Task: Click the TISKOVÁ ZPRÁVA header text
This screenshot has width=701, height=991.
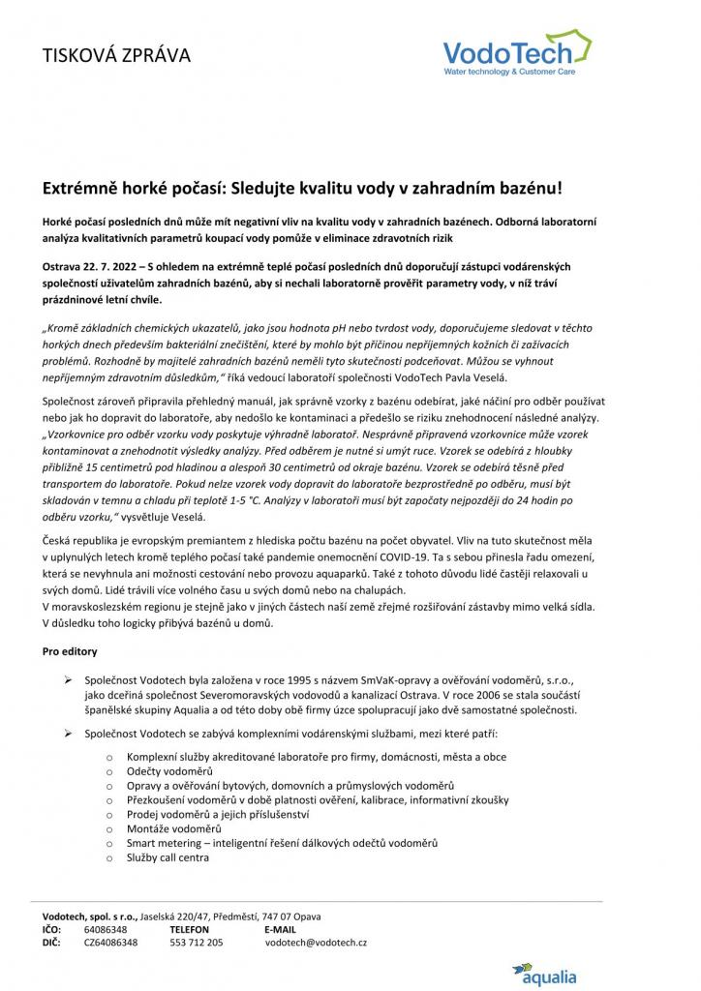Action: pyautogui.click(x=116, y=55)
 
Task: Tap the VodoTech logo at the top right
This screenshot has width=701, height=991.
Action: pyautogui.click(x=518, y=53)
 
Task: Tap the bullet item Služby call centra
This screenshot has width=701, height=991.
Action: pyautogui.click(x=168, y=857)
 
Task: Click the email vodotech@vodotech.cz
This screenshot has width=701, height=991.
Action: pyautogui.click(x=316, y=942)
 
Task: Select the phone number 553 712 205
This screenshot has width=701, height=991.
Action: pyautogui.click(x=197, y=942)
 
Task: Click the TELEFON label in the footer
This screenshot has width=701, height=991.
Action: pyautogui.click(x=190, y=929)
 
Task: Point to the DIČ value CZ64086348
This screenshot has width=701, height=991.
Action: pyautogui.click(x=110, y=942)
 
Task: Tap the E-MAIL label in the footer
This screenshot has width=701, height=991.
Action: pyautogui.click(x=280, y=929)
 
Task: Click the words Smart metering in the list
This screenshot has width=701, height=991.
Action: pyautogui.click(x=164, y=844)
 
